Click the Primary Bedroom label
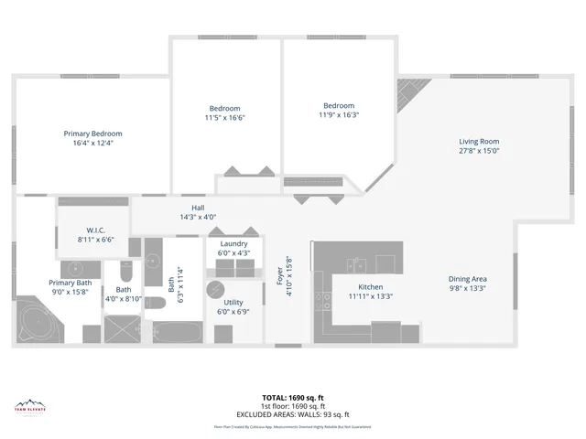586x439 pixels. (x=92, y=134)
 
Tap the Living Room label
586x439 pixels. (x=479, y=141)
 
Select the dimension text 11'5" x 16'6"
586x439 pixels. (x=225, y=117)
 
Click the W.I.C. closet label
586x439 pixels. (x=98, y=230)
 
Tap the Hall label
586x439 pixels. (x=198, y=209)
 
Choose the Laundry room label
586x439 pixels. (x=233, y=243)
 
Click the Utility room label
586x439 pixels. (x=233, y=302)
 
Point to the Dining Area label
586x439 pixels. (x=467, y=279)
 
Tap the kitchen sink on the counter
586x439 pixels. (x=356, y=265)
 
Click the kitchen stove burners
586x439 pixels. (x=323, y=296)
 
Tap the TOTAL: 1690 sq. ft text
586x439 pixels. (x=293, y=398)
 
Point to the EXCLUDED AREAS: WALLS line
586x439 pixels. (x=293, y=413)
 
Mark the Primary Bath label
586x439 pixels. (x=71, y=284)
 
